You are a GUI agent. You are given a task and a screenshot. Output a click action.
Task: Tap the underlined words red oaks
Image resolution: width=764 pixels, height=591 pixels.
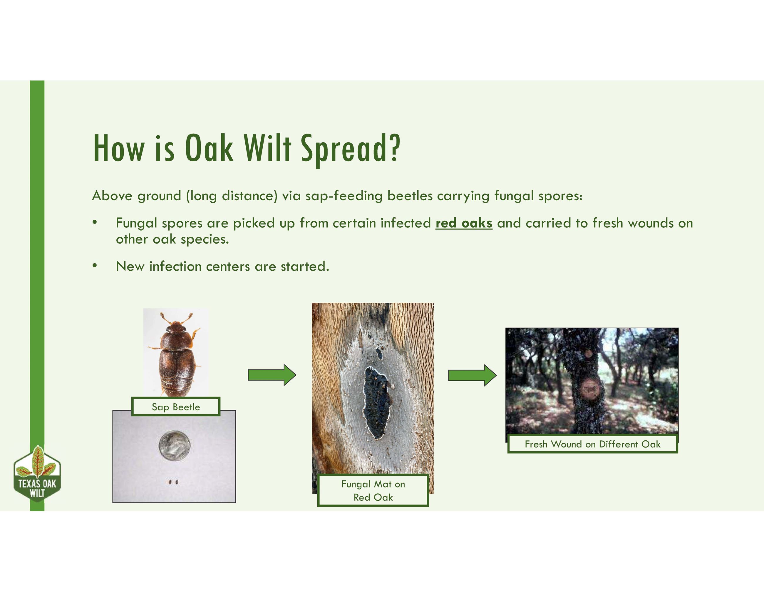pos(464,223)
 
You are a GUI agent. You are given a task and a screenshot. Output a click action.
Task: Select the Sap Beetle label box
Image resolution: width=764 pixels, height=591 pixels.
pos(176,407)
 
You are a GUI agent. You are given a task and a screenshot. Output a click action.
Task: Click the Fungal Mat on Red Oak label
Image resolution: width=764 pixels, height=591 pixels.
pos(373,490)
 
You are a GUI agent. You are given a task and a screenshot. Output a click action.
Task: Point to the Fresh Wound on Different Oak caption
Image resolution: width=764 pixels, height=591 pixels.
pos(593,444)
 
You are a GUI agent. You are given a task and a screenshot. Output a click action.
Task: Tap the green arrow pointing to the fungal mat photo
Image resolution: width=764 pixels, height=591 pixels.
pos(272,375)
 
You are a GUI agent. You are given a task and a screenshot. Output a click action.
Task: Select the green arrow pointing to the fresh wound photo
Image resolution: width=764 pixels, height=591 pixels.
pos(472,375)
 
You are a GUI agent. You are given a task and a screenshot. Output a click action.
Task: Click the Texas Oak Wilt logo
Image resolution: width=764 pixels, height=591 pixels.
pos(37,474)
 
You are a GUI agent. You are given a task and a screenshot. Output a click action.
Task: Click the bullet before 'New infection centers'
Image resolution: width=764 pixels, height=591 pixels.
pos(94,266)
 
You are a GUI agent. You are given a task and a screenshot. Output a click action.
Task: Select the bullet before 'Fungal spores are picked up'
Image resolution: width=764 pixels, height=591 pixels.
pos(94,222)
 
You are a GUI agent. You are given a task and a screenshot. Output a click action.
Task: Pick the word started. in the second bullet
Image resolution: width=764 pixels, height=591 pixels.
pos(305,267)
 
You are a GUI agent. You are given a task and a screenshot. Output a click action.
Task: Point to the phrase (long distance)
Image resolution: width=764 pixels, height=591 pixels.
pos(232,196)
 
